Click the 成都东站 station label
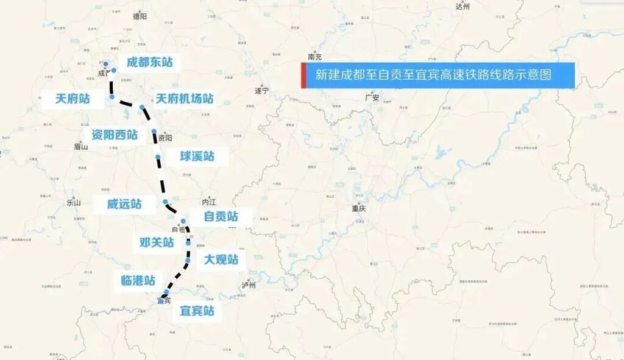[x=149, y=62]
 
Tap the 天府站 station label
[x=72, y=99]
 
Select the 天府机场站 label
[x=184, y=98]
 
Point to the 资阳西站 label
[x=115, y=135]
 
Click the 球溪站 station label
[x=197, y=156]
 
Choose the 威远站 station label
[x=124, y=204]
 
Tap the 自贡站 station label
[x=221, y=216]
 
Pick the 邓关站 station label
[x=157, y=242]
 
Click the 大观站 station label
[x=221, y=261]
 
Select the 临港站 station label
[x=138, y=281]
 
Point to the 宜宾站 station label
[x=197, y=311]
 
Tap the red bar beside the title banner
[x=303, y=76]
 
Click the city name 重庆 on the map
[x=358, y=208]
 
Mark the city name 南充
[x=315, y=57]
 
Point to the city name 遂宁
[x=261, y=90]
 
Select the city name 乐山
[x=74, y=203]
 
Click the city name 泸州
[x=249, y=285]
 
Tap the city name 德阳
[x=140, y=16]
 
